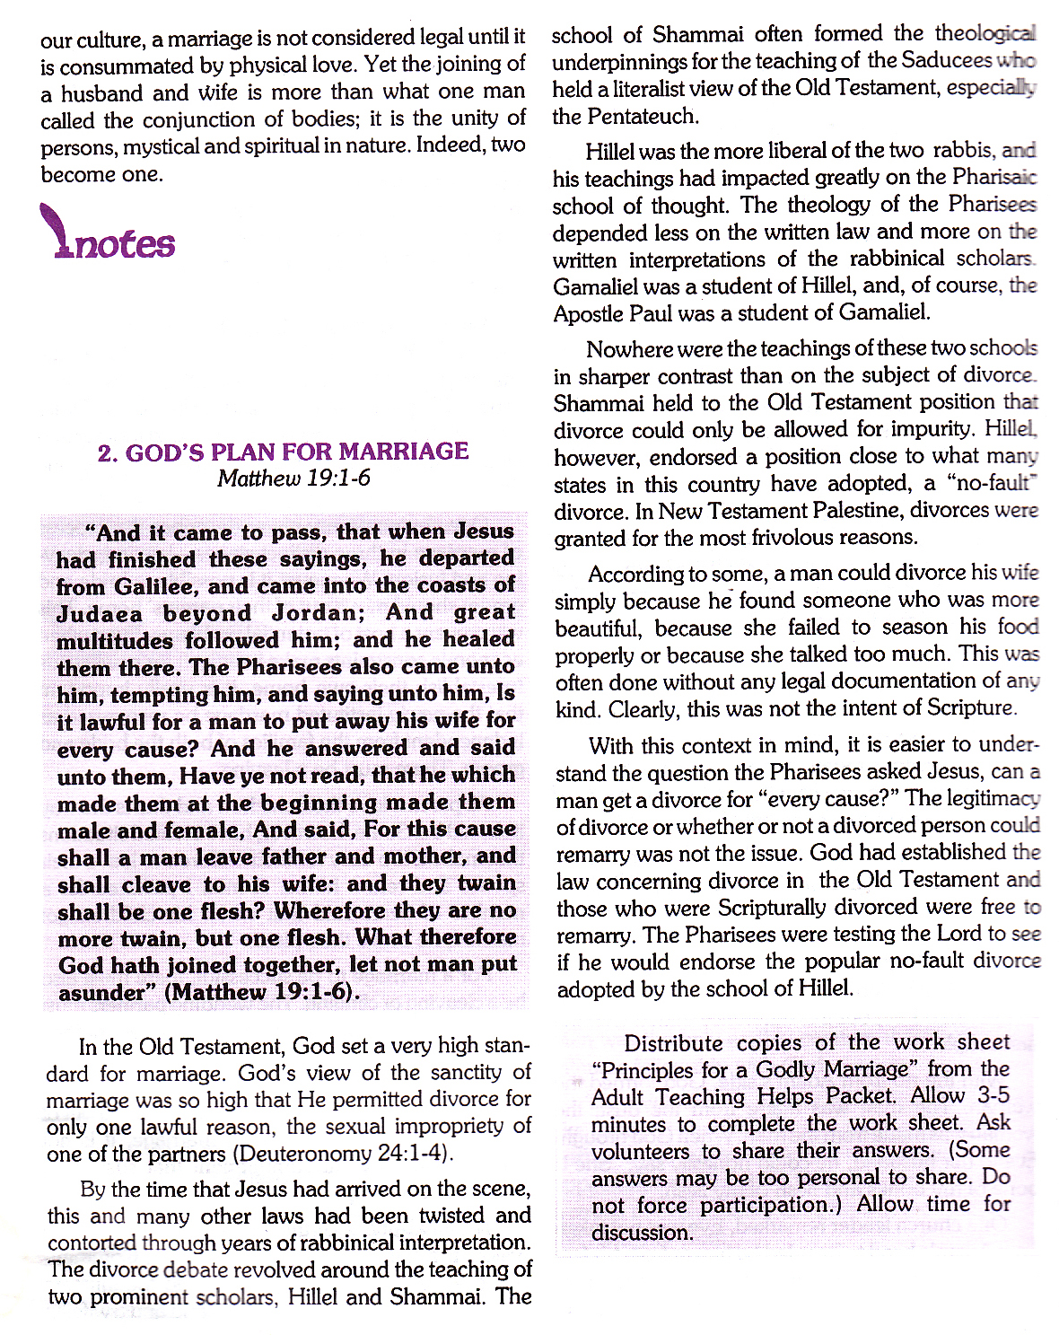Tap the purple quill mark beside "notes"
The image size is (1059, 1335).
click(x=56, y=230)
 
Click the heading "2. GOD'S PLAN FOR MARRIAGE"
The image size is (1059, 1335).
click(x=284, y=452)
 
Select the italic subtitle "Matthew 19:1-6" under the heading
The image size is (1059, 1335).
click(x=293, y=478)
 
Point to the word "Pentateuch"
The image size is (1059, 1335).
click(x=643, y=117)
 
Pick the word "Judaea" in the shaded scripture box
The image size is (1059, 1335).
click(x=100, y=614)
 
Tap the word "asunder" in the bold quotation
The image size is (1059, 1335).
click(x=101, y=992)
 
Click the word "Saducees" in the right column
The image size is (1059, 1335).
click(x=946, y=61)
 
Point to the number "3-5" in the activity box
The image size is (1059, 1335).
click(x=991, y=1095)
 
